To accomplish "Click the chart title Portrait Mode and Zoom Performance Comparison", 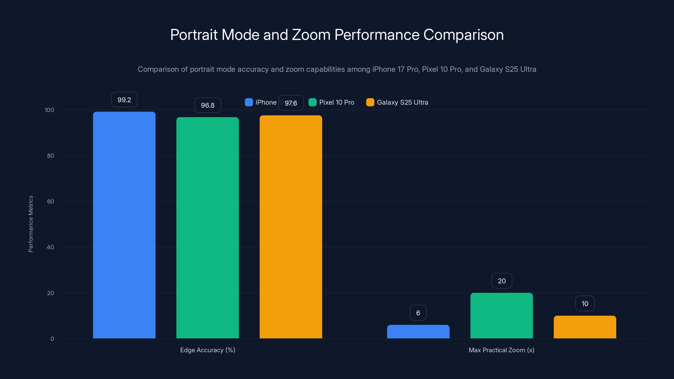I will coord(337,35).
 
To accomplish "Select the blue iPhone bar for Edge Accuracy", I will coord(124,225).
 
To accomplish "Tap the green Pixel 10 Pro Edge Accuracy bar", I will coord(207,228).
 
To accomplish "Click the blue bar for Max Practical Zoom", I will coord(418,331).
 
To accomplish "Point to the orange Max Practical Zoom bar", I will coord(585,327).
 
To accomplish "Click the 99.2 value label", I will coord(124,100).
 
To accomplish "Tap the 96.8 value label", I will coord(207,105).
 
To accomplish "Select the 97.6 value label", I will coord(291,103).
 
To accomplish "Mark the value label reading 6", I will coord(418,313).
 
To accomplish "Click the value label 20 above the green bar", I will coord(501,281).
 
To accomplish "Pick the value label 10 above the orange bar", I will coord(585,304).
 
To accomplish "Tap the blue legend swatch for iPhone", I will coord(249,102).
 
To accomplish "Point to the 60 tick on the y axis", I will coord(51,202).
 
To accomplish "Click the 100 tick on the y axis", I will coord(49,110).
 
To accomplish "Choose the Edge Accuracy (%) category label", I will coord(207,350).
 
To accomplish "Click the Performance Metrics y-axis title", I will coord(31,224).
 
